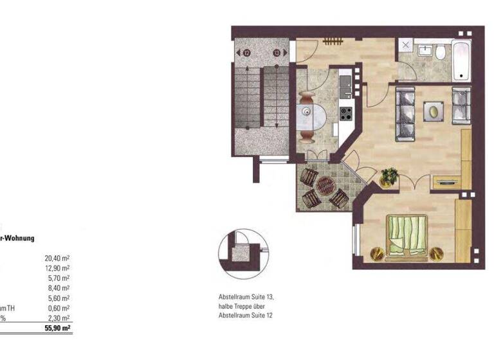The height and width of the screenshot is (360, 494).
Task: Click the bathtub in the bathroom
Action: point(461,60)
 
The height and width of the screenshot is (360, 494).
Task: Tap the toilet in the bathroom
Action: point(441,52)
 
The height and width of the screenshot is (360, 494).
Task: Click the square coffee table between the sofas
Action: point(434,112)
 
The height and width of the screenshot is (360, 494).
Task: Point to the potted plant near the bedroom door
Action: point(389,175)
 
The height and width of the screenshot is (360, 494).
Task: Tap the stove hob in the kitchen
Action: point(346,114)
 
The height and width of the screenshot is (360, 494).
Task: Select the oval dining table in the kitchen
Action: point(313,117)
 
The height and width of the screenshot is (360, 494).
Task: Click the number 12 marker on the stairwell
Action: point(246,53)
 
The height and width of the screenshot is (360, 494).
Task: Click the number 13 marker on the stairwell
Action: point(277,53)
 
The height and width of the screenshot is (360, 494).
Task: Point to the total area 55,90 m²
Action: point(58,328)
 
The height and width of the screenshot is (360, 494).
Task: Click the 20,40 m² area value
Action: point(58,258)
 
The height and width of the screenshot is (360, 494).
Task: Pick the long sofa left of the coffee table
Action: point(406,114)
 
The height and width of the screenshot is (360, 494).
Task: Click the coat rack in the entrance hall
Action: point(333,42)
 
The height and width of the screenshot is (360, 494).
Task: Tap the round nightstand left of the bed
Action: point(377,253)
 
